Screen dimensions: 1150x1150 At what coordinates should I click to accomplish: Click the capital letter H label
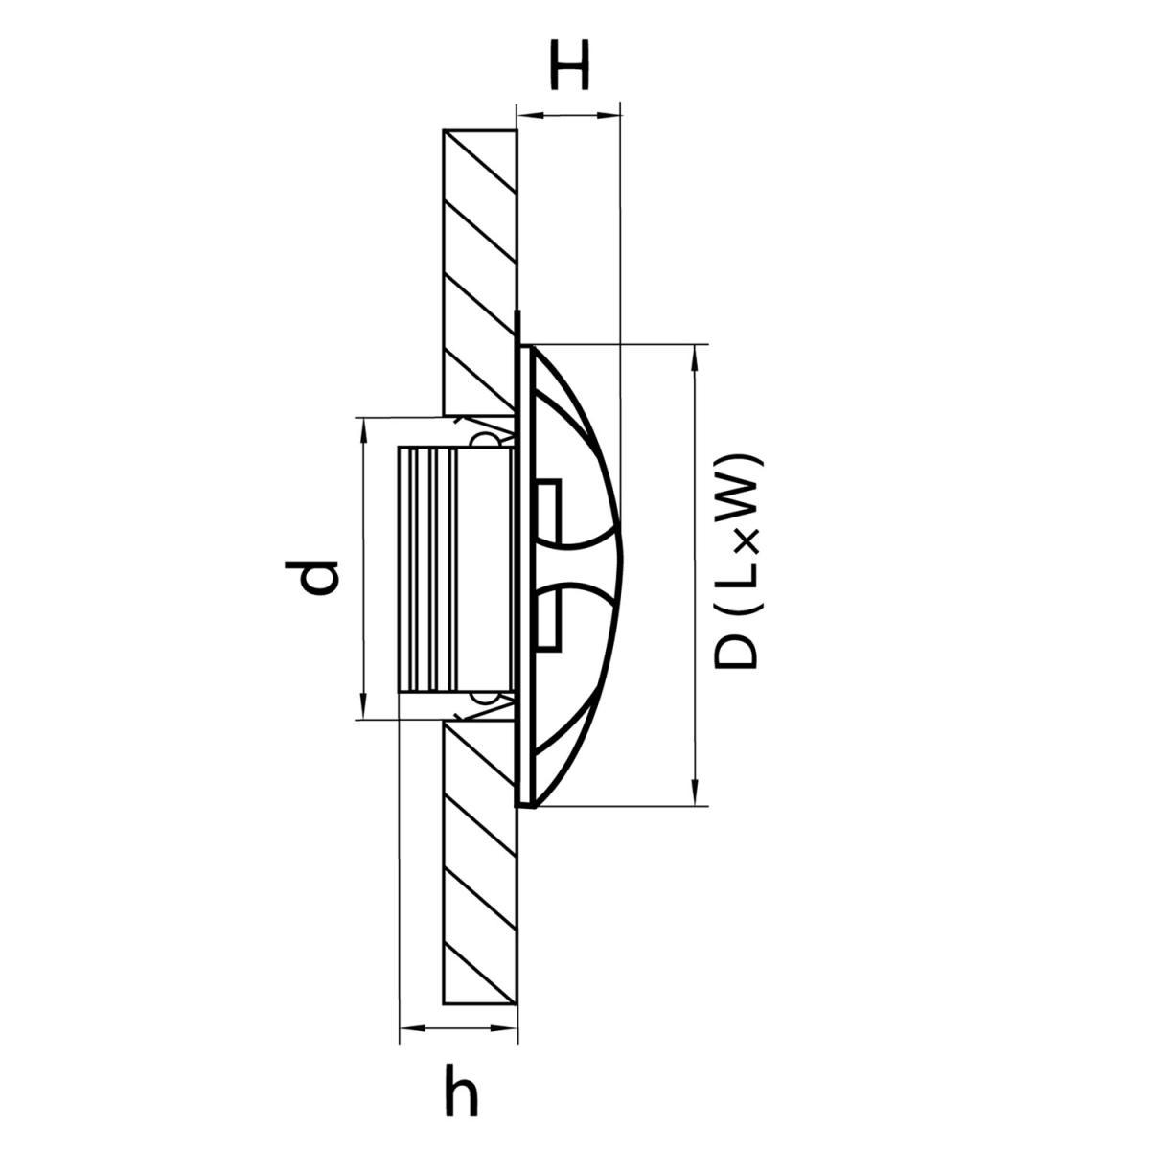569,65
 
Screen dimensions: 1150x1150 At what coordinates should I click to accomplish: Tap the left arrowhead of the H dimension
527,115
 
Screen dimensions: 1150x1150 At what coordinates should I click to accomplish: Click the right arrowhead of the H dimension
609,115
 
